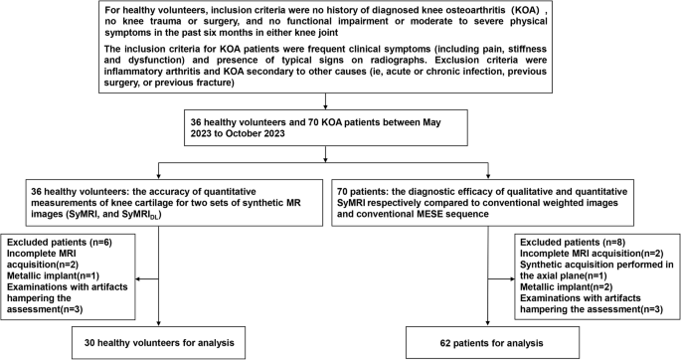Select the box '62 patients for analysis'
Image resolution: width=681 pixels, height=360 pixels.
(x=485, y=343)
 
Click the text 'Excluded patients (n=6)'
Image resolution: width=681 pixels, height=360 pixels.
(x=58, y=242)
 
